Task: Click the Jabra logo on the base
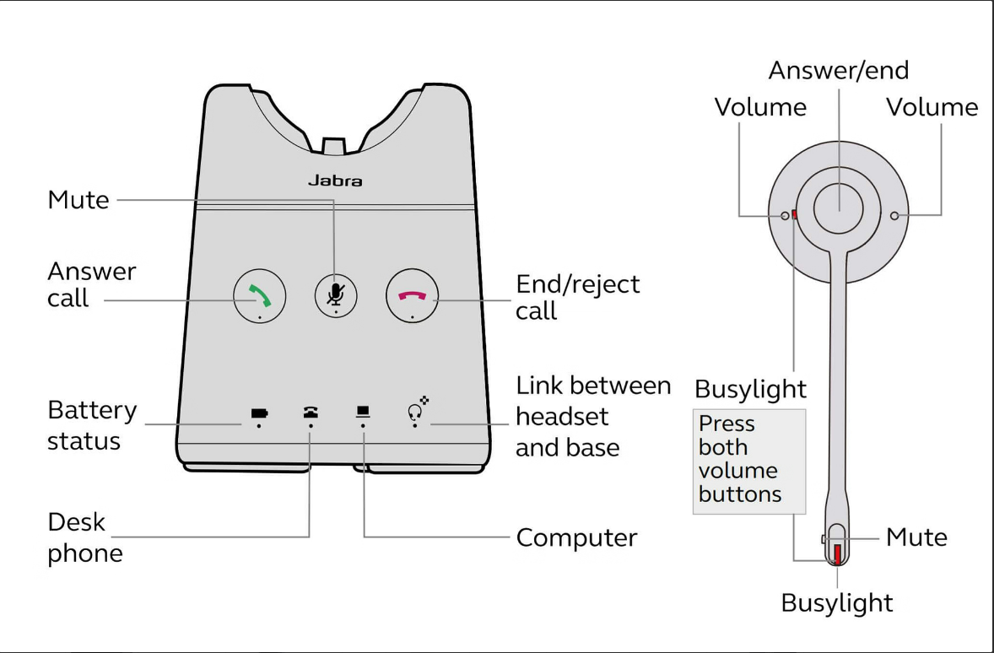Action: [x=335, y=181]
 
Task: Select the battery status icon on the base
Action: [x=258, y=413]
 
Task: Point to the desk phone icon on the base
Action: [x=311, y=413]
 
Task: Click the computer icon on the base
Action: [x=363, y=412]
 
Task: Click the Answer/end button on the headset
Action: [x=839, y=206]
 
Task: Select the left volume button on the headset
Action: [x=786, y=216]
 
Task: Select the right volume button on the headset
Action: [x=893, y=216]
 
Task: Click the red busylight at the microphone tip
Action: [x=837, y=553]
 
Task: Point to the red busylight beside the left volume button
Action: [x=795, y=215]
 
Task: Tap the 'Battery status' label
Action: [x=91, y=425]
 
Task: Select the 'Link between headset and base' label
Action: [x=592, y=417]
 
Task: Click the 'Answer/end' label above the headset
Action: [x=838, y=70]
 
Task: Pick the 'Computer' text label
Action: [x=576, y=537]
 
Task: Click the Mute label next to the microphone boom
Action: [x=916, y=537]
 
